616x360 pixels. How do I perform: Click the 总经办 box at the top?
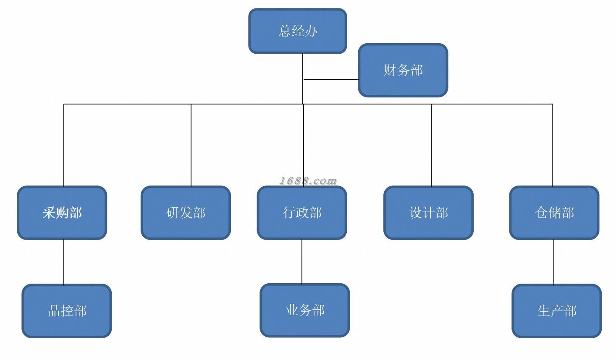click(x=297, y=31)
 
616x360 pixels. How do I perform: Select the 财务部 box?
click(x=403, y=70)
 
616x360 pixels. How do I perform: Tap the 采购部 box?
click(x=62, y=213)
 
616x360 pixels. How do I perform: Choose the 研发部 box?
click(x=186, y=213)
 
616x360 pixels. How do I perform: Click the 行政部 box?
click(x=302, y=213)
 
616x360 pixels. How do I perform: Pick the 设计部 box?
click(x=428, y=213)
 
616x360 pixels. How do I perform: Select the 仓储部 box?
click(x=554, y=213)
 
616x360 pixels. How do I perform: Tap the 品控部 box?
click(x=67, y=311)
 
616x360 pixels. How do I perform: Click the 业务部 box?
click(x=304, y=310)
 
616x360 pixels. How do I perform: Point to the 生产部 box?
click(x=556, y=311)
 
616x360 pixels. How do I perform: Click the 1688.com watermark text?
click(x=308, y=181)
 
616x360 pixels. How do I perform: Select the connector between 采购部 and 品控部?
click(x=64, y=262)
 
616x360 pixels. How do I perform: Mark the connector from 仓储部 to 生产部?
click(x=554, y=262)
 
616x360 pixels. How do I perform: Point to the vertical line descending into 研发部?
click(x=191, y=145)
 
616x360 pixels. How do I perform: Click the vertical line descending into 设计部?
click(x=431, y=145)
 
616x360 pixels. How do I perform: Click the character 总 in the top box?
click(x=285, y=31)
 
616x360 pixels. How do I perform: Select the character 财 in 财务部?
click(x=390, y=70)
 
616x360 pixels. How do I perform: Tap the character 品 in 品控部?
click(x=53, y=311)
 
